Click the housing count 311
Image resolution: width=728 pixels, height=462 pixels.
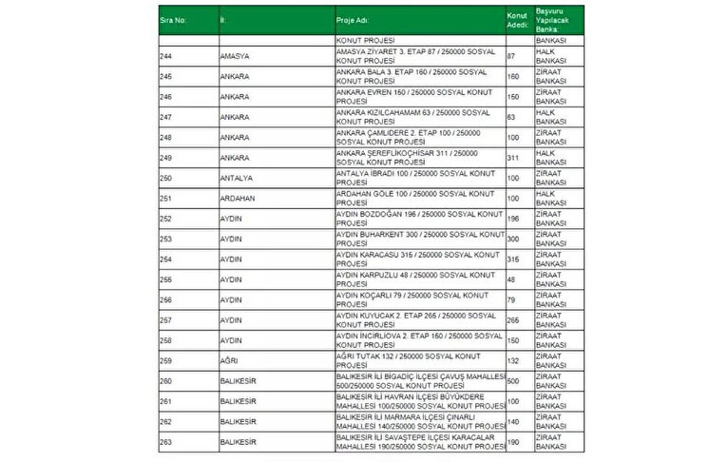pyautogui.click(x=514, y=157)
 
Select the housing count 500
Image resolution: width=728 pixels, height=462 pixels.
pyautogui.click(x=514, y=380)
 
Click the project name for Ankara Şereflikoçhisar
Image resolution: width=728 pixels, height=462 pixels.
pyautogui.click(x=418, y=157)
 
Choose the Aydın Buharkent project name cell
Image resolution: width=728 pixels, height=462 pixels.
pyautogui.click(x=418, y=238)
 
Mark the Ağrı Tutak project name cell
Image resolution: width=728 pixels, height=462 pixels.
pyautogui.click(x=418, y=360)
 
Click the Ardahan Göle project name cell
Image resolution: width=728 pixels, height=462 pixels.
pyautogui.click(x=418, y=198)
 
